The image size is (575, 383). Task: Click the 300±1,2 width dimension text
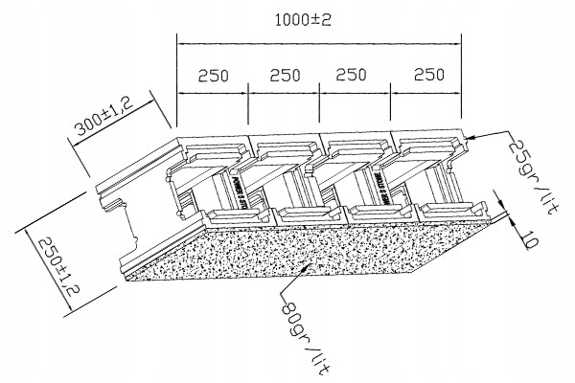tap(104, 121)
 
